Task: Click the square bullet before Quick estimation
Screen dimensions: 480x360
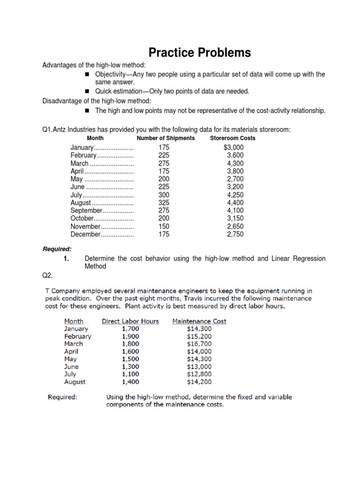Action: click(87, 91)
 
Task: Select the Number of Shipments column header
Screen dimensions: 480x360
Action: click(165, 138)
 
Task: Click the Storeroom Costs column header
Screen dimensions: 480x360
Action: click(232, 138)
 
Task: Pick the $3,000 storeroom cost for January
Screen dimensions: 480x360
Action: click(234, 148)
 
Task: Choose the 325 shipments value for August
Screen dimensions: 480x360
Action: click(164, 203)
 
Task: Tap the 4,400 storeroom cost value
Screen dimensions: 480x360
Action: click(235, 203)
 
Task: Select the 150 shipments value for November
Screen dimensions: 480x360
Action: click(164, 226)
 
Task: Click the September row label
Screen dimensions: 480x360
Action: click(86, 211)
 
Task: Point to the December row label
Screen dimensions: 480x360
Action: click(85, 234)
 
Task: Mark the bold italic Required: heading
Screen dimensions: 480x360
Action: click(57, 249)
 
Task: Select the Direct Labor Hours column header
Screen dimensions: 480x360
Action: click(130, 321)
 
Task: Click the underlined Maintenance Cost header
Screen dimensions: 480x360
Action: click(199, 321)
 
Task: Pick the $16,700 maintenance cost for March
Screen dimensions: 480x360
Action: click(199, 344)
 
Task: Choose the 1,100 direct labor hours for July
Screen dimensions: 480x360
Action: click(130, 374)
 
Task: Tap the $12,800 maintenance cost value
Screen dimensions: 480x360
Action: click(199, 374)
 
